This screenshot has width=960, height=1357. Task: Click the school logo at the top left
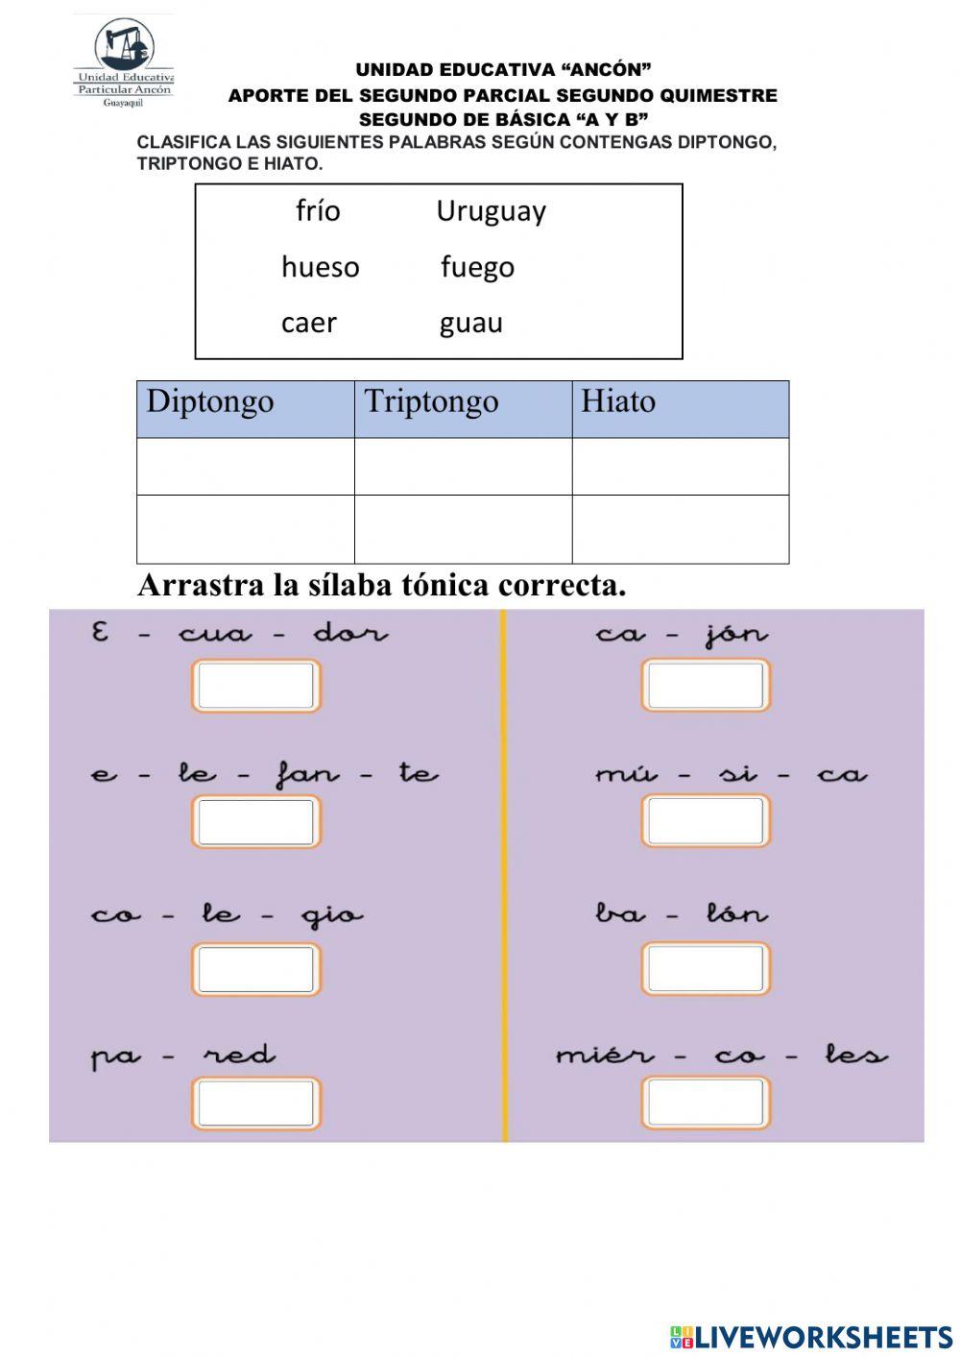(124, 61)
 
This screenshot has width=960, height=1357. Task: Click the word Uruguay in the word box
(491, 211)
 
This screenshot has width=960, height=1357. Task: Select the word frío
(318, 210)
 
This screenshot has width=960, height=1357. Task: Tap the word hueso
(320, 267)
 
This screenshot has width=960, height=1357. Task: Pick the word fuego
(477, 267)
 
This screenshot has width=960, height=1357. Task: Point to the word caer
(308, 323)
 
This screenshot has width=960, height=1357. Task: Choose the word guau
(470, 324)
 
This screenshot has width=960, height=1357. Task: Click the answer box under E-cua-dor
(256, 686)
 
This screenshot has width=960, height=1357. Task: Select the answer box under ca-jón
(706, 686)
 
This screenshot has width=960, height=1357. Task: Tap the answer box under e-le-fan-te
(256, 822)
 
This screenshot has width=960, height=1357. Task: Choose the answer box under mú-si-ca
(706, 822)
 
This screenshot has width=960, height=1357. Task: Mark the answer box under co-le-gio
(256, 969)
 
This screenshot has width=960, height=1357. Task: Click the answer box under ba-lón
(706, 969)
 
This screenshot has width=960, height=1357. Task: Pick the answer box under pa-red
(256, 1103)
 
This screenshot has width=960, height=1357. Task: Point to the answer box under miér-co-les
(706, 1103)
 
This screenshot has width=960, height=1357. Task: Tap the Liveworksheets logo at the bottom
(811, 1336)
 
